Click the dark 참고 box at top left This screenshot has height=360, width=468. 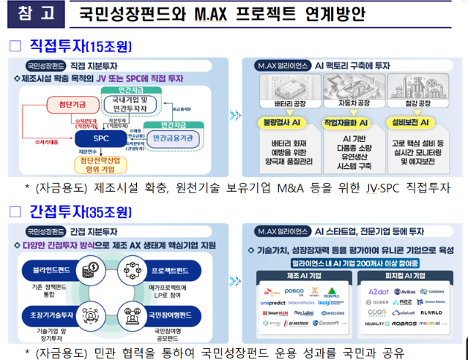27,14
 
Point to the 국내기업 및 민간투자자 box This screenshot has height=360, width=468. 130,104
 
